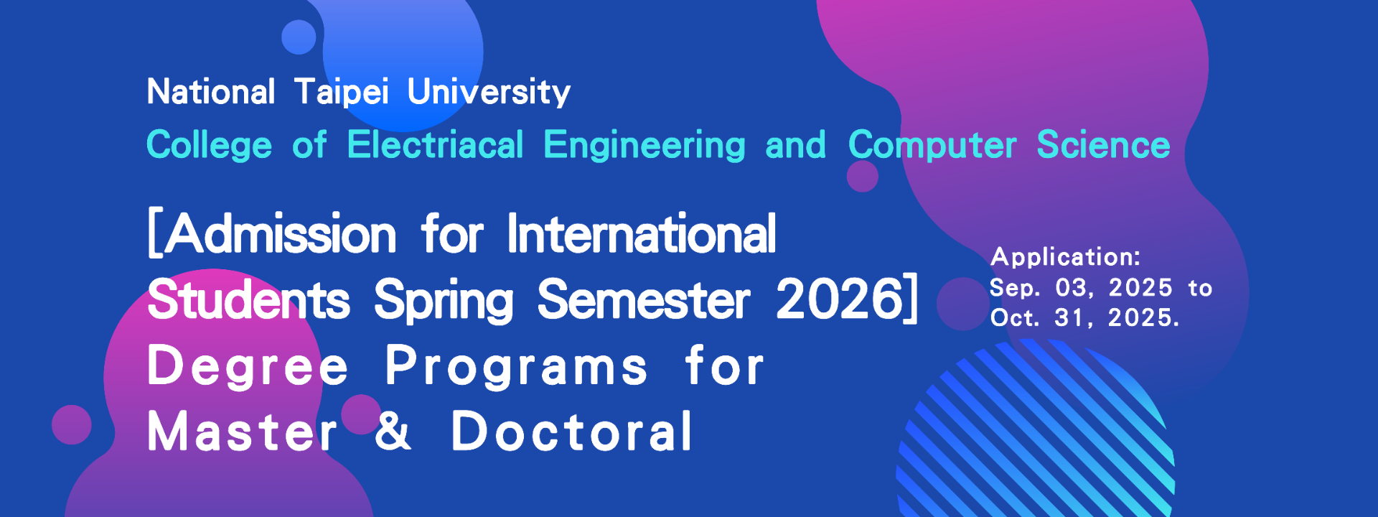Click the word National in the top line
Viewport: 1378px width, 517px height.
(x=211, y=92)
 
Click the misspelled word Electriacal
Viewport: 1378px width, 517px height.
(x=436, y=144)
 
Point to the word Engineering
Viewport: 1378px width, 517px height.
(x=645, y=146)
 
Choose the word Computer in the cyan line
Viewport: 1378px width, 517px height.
(x=932, y=146)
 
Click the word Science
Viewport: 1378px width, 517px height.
(x=1103, y=144)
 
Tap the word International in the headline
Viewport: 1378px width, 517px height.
(x=642, y=234)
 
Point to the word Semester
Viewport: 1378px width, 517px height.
(x=644, y=299)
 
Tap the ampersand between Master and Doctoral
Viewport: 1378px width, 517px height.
(x=393, y=431)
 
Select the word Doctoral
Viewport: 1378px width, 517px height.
(x=572, y=431)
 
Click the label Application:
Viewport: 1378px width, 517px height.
(x=1065, y=257)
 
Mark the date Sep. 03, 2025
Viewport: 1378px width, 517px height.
(x=1081, y=289)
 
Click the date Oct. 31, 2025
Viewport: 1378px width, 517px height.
(x=1084, y=318)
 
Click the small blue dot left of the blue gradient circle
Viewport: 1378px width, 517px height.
(x=299, y=37)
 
